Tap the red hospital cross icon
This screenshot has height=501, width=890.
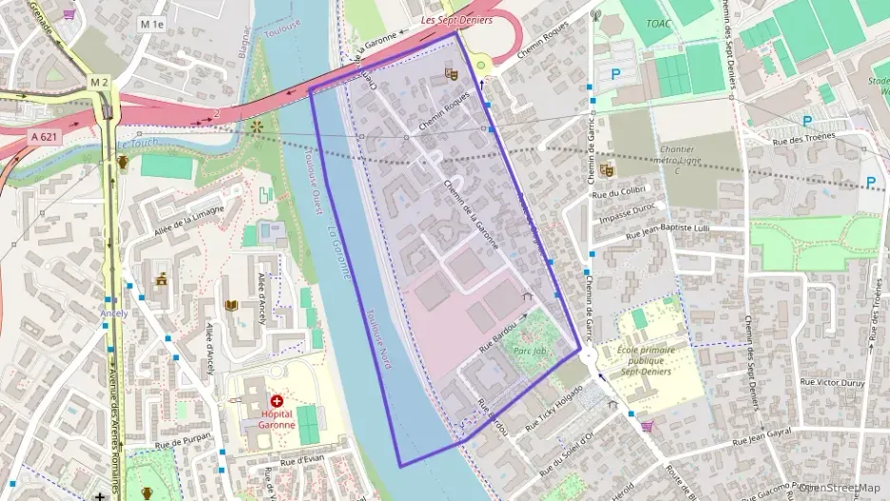(x=277, y=402)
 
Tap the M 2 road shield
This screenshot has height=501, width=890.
(x=100, y=83)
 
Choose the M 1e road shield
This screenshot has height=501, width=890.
(x=152, y=23)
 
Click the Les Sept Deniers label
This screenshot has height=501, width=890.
(x=455, y=20)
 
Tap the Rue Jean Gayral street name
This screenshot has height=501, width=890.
(x=762, y=437)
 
